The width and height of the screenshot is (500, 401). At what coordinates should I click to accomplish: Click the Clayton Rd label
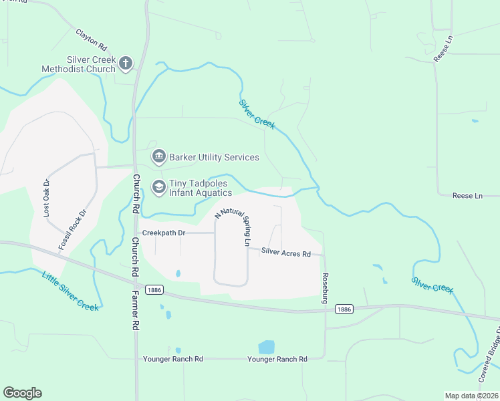click(x=92, y=41)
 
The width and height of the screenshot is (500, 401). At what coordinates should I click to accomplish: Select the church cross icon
click(x=125, y=64)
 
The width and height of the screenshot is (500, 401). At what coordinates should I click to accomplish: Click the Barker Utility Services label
click(x=214, y=158)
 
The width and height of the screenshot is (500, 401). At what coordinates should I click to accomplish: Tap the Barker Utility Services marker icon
click(x=159, y=158)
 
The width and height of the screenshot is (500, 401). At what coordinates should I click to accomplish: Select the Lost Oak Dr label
click(x=46, y=198)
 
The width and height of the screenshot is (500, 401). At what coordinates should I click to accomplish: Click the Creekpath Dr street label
click(x=163, y=233)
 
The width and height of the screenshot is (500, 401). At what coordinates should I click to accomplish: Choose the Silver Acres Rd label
click(x=286, y=253)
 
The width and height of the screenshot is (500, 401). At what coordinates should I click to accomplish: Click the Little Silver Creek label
click(x=70, y=290)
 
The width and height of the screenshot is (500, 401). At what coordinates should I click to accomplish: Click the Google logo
click(x=22, y=393)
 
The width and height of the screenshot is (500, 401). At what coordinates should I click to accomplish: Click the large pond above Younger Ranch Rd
click(x=266, y=347)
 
